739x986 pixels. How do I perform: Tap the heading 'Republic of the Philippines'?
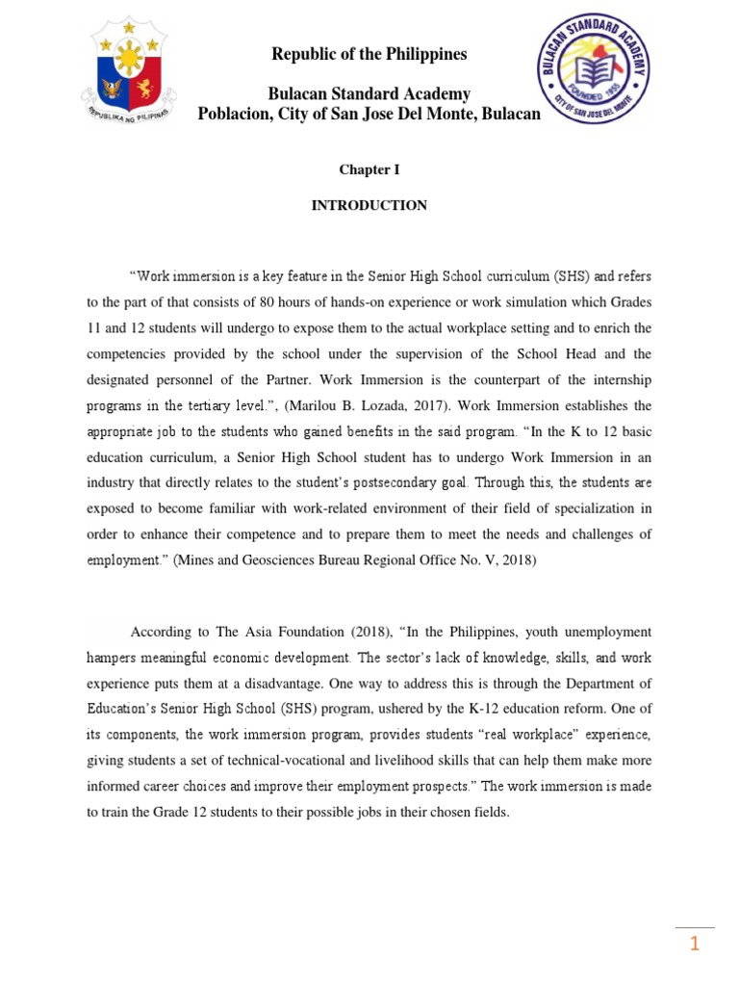(x=369, y=54)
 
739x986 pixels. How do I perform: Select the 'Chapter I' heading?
(x=369, y=169)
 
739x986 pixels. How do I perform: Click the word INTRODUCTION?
(x=369, y=205)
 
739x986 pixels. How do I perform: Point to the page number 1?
(x=694, y=945)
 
